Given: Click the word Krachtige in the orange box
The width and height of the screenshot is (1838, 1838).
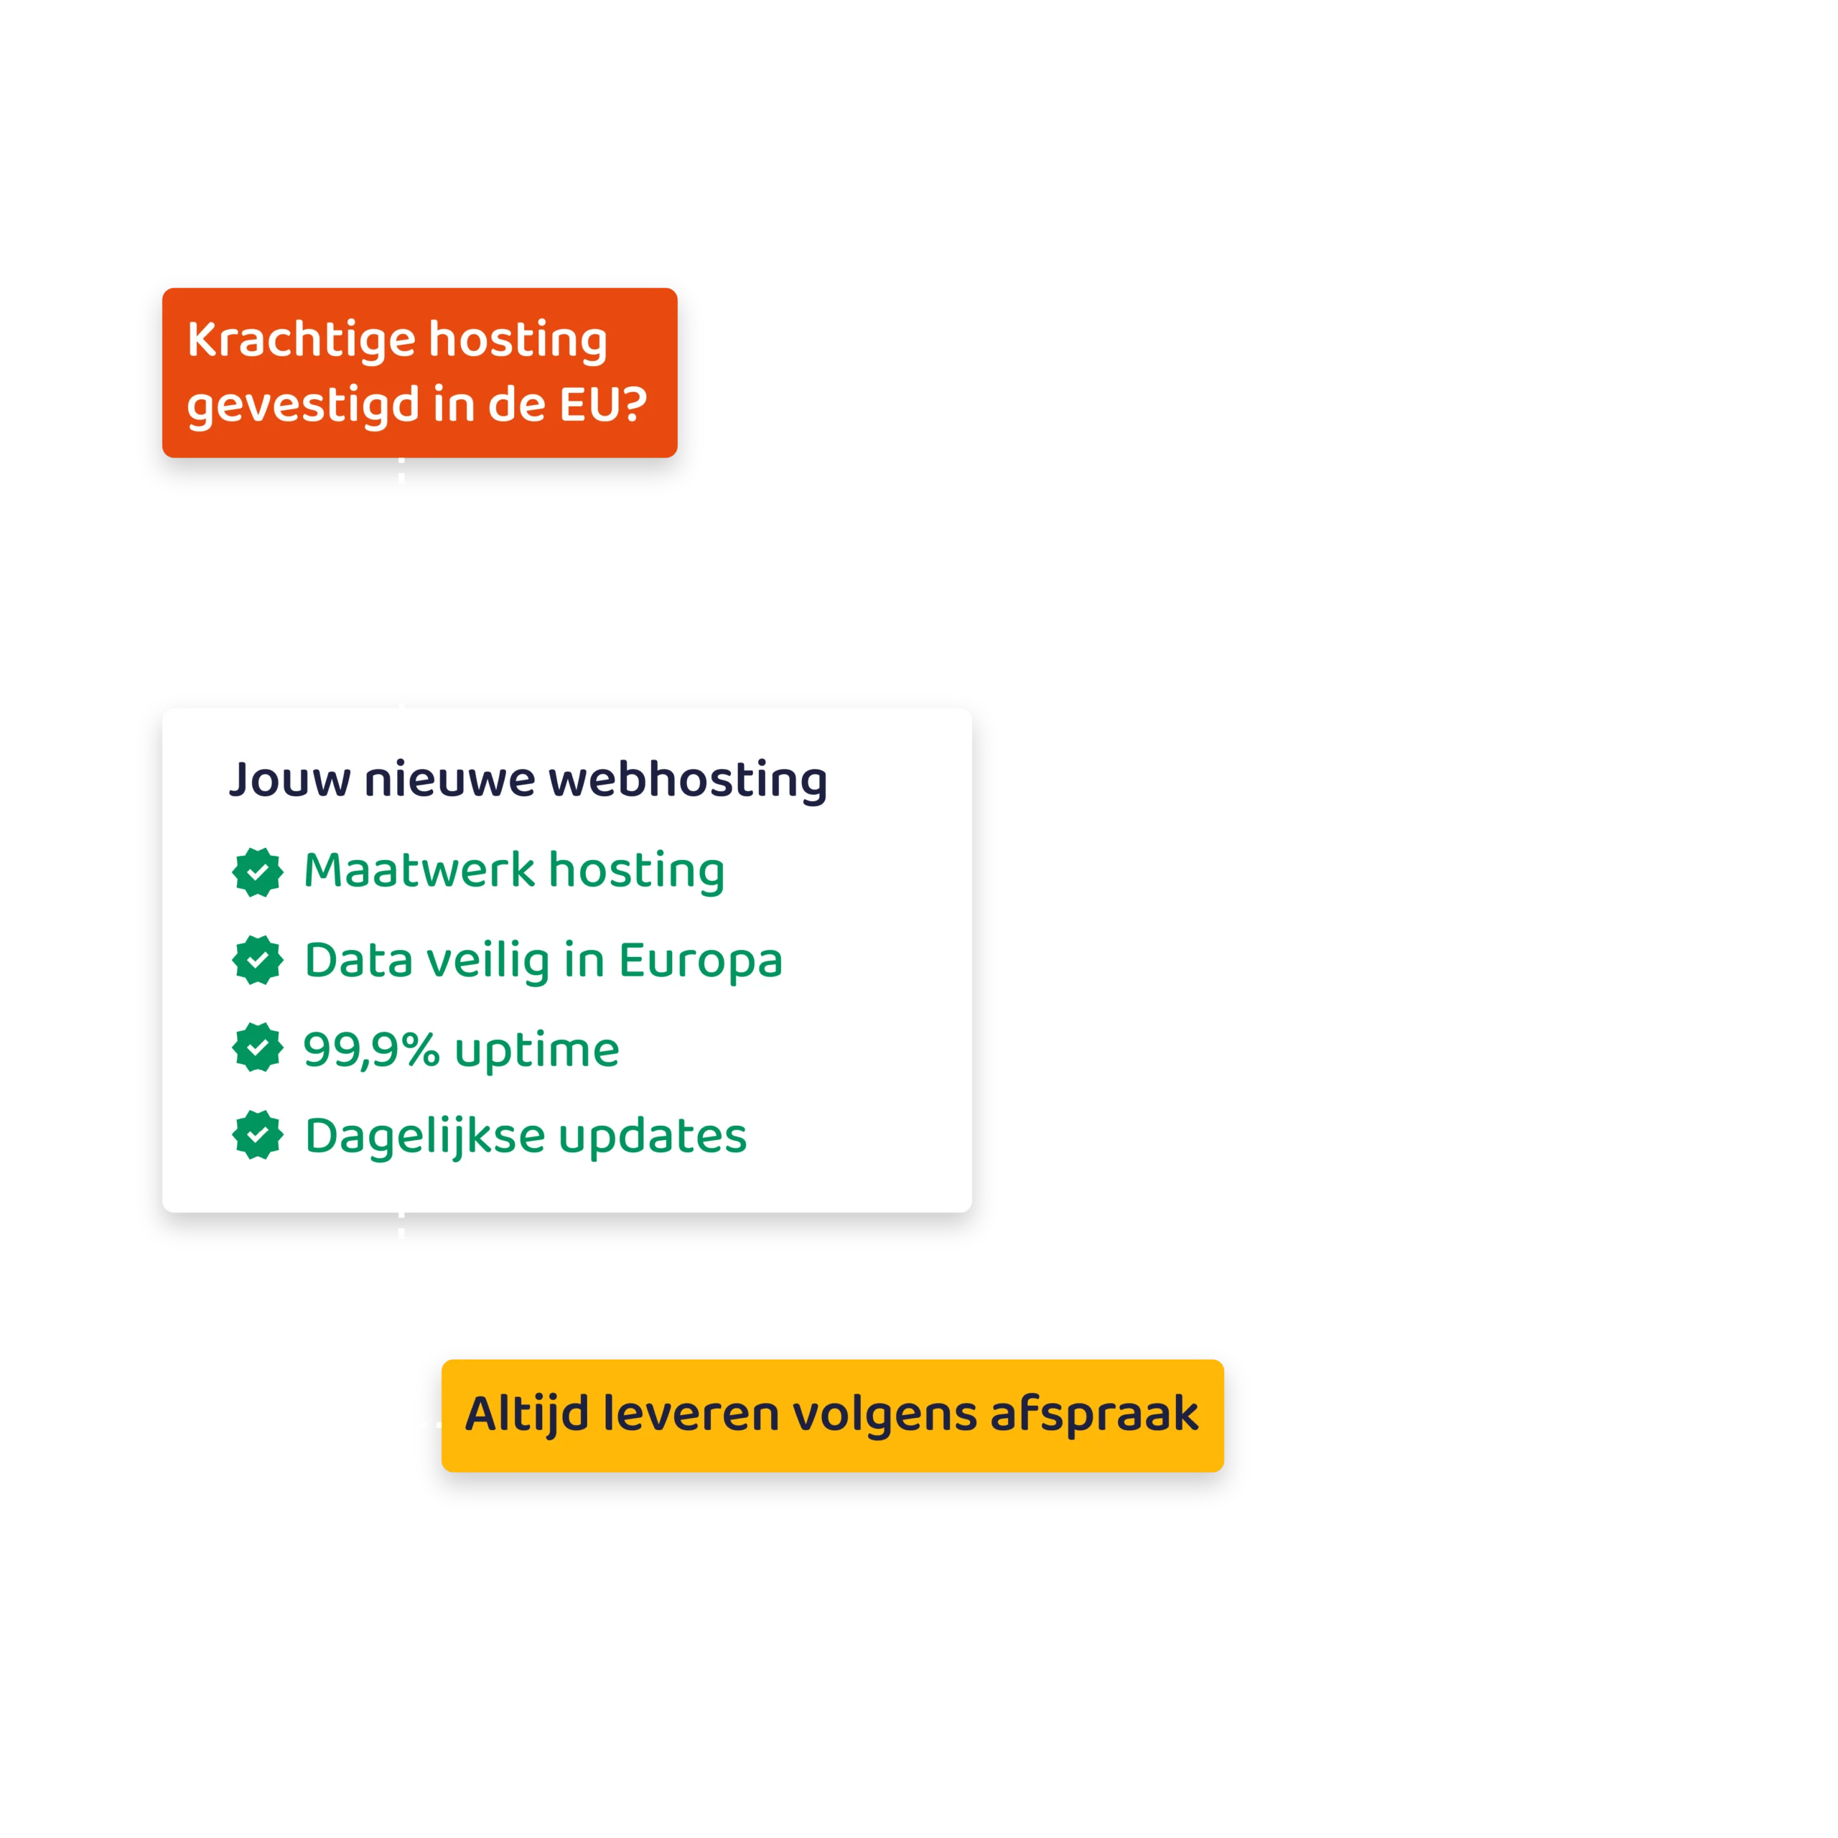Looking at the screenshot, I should pos(301,340).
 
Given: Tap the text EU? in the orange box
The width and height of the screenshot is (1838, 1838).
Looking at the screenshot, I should pos(602,404).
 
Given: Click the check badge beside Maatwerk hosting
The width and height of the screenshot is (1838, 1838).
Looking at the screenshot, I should pos(258,872).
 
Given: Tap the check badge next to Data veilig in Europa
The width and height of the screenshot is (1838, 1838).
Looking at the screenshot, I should pos(258,960).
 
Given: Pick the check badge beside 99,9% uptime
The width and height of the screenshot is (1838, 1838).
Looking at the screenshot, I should pos(258,1048).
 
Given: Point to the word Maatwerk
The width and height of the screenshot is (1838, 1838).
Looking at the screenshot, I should pos(419,870).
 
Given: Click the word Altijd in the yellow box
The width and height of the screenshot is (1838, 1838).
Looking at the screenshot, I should pos(527,1414).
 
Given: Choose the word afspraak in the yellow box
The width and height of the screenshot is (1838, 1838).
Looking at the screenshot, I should pos(1094,1414).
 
